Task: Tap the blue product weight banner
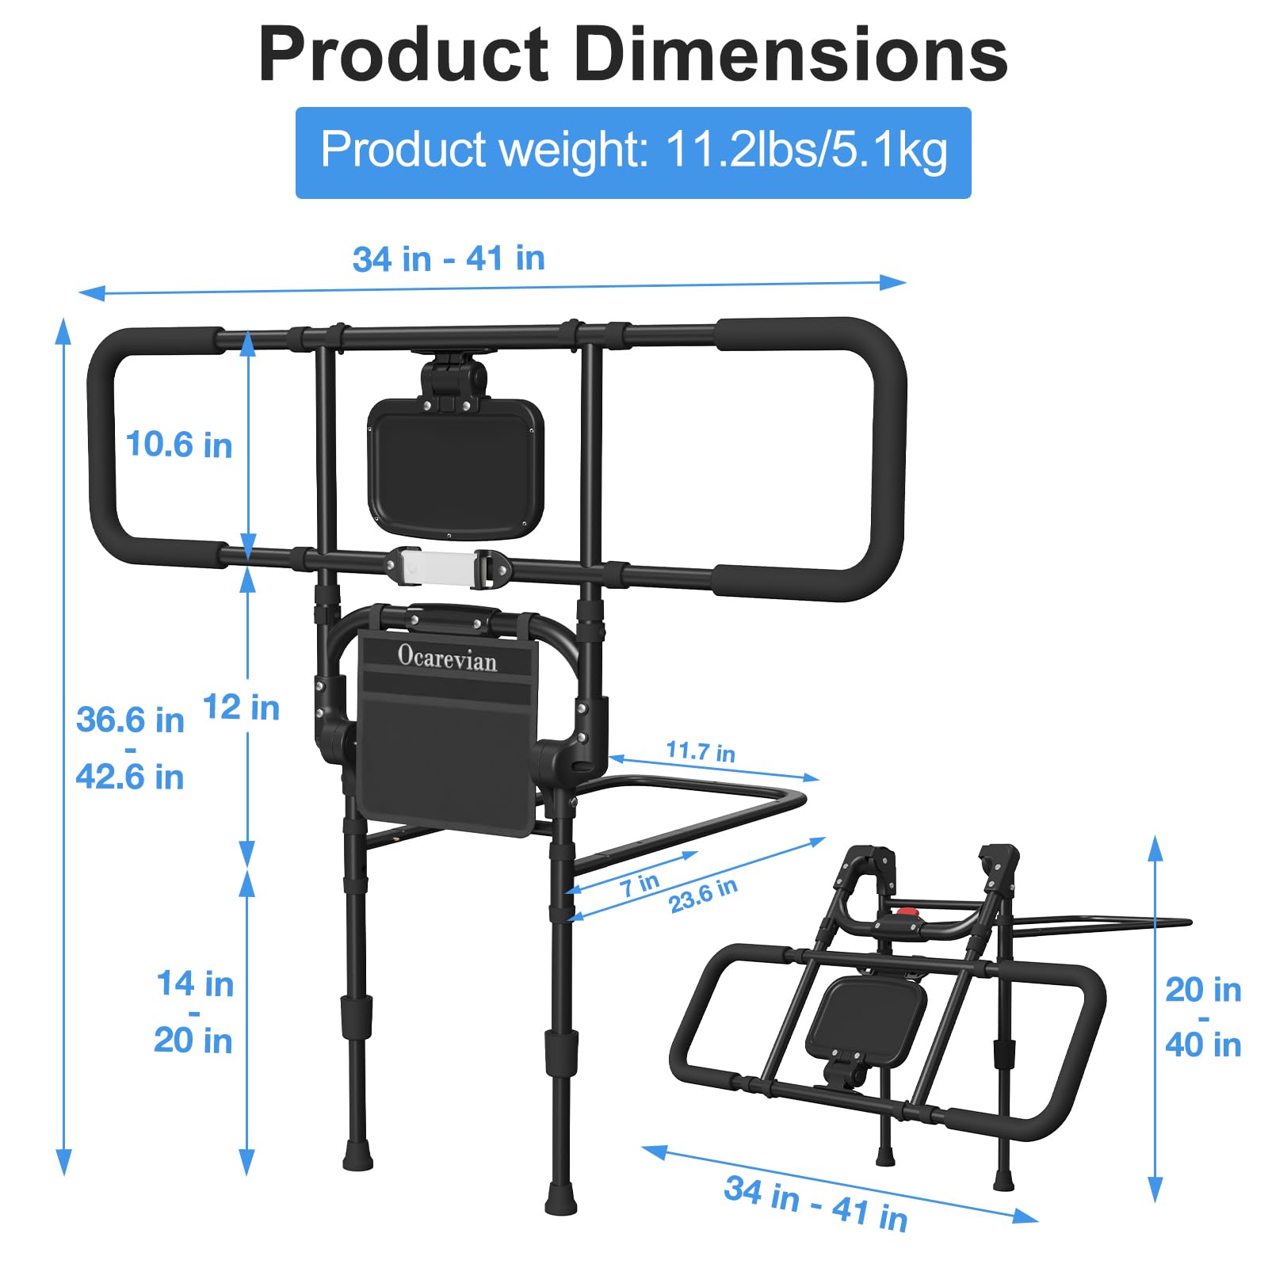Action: [x=633, y=152]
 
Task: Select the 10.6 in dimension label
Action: [x=179, y=445]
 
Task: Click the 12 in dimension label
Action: [x=241, y=707]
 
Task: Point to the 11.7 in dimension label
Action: [x=701, y=750]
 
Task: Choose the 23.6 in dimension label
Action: [x=703, y=896]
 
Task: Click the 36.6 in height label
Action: [x=130, y=720]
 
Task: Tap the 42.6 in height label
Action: [x=130, y=777]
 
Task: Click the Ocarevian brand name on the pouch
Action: [x=447, y=658]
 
